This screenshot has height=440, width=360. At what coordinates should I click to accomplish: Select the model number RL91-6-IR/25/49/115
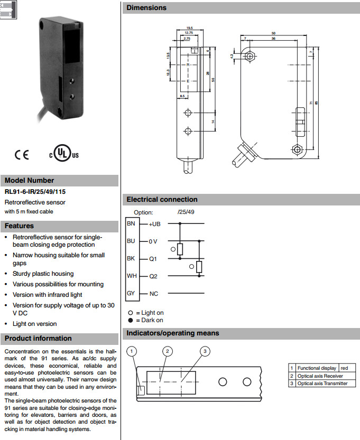pyautogui.click(x=35, y=192)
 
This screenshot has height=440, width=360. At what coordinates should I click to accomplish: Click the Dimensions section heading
pyautogui.click(x=146, y=8)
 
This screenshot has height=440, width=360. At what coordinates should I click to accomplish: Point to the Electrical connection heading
pyautogui.click(x=162, y=200)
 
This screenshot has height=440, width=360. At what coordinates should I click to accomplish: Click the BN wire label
pyautogui.click(x=131, y=223)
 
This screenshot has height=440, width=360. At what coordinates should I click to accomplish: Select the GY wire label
pyautogui.click(x=131, y=293)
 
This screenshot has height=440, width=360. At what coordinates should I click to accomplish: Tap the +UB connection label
pyautogui.click(x=154, y=224)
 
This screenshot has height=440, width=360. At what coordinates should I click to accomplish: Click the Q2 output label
pyautogui.click(x=153, y=276)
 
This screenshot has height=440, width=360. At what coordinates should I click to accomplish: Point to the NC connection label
pyautogui.click(x=154, y=294)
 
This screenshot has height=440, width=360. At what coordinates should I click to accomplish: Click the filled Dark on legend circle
pyautogui.click(x=130, y=320)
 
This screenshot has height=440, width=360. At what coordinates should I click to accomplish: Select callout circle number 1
pyautogui.click(x=133, y=351)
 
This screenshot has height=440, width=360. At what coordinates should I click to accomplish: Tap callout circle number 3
pyautogui.click(x=206, y=351)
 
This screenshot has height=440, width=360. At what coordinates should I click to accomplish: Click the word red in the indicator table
pyautogui.click(x=344, y=368)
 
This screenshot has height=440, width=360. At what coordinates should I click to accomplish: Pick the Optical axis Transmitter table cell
pyautogui.click(x=322, y=383)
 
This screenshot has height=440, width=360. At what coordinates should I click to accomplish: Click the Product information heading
pyautogui.click(x=38, y=339)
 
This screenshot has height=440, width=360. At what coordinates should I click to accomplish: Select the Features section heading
pyautogui.click(x=20, y=226)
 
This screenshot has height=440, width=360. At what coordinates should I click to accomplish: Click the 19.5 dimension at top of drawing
pyautogui.click(x=189, y=27)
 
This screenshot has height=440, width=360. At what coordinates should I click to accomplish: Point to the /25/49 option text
pyautogui.click(x=186, y=212)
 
